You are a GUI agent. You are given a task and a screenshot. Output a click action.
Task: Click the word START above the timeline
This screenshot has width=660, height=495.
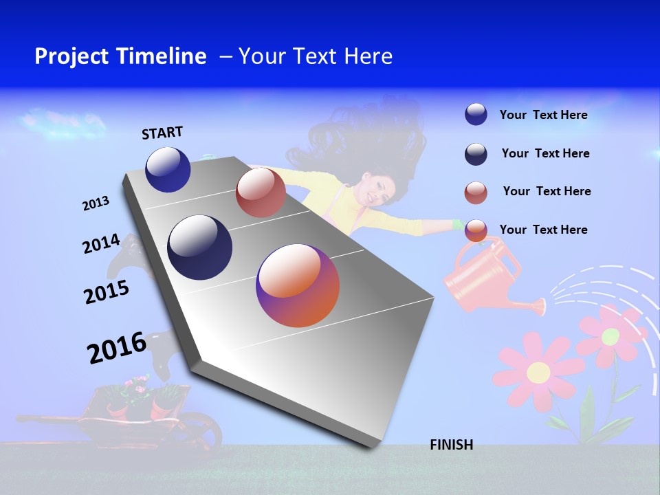point(162,133)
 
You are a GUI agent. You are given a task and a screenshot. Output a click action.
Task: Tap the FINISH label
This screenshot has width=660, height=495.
point(451,445)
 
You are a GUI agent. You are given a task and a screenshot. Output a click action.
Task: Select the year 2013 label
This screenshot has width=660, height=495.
point(96,203)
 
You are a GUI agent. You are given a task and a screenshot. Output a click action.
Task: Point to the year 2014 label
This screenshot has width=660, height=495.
point(101,244)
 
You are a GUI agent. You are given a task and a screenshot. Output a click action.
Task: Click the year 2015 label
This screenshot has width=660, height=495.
point(106,292)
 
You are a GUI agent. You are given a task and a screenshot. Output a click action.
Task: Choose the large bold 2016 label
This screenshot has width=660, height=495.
point(116,348)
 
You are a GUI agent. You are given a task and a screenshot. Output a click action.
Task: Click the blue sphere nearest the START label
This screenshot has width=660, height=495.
point(168,169)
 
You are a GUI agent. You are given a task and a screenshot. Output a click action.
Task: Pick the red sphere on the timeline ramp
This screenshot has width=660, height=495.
point(260,192)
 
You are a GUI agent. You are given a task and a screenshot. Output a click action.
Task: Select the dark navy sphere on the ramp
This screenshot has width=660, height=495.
point(200,247)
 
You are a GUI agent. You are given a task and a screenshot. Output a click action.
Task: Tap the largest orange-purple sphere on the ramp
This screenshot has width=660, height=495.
point(298,285)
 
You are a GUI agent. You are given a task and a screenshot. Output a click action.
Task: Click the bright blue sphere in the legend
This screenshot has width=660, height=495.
point(476,114)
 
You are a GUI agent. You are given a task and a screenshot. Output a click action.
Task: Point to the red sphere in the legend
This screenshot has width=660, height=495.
point(476,192)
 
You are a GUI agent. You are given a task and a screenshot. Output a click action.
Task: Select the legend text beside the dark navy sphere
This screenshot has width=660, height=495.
point(545,153)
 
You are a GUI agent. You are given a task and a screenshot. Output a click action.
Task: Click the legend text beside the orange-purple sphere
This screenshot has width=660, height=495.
point(543,230)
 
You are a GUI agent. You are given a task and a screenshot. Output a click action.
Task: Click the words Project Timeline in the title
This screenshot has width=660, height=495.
point(120,56)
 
